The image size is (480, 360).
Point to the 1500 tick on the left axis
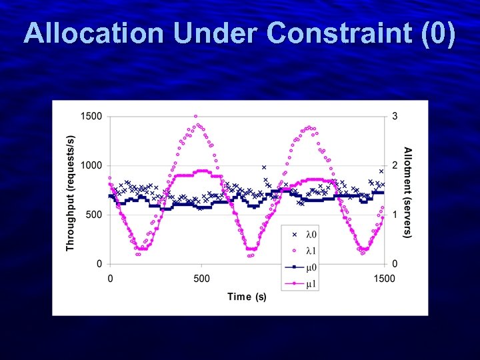coord(91,116)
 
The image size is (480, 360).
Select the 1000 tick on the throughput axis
coord(91,165)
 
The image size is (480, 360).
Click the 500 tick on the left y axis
coord(94,215)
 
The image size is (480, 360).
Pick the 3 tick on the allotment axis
coord(395,116)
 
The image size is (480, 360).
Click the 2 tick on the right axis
coord(395,165)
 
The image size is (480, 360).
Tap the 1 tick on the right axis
coord(395,215)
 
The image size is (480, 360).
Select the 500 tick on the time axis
coord(202,279)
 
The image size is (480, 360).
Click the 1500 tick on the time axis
coord(385,279)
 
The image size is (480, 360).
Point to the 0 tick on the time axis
coord(110,279)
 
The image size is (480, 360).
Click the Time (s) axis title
coord(247,297)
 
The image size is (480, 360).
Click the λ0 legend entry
coord(311,235)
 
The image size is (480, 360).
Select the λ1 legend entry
coord(311,251)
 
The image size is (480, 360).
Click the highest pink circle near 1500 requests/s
coord(195,116)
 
